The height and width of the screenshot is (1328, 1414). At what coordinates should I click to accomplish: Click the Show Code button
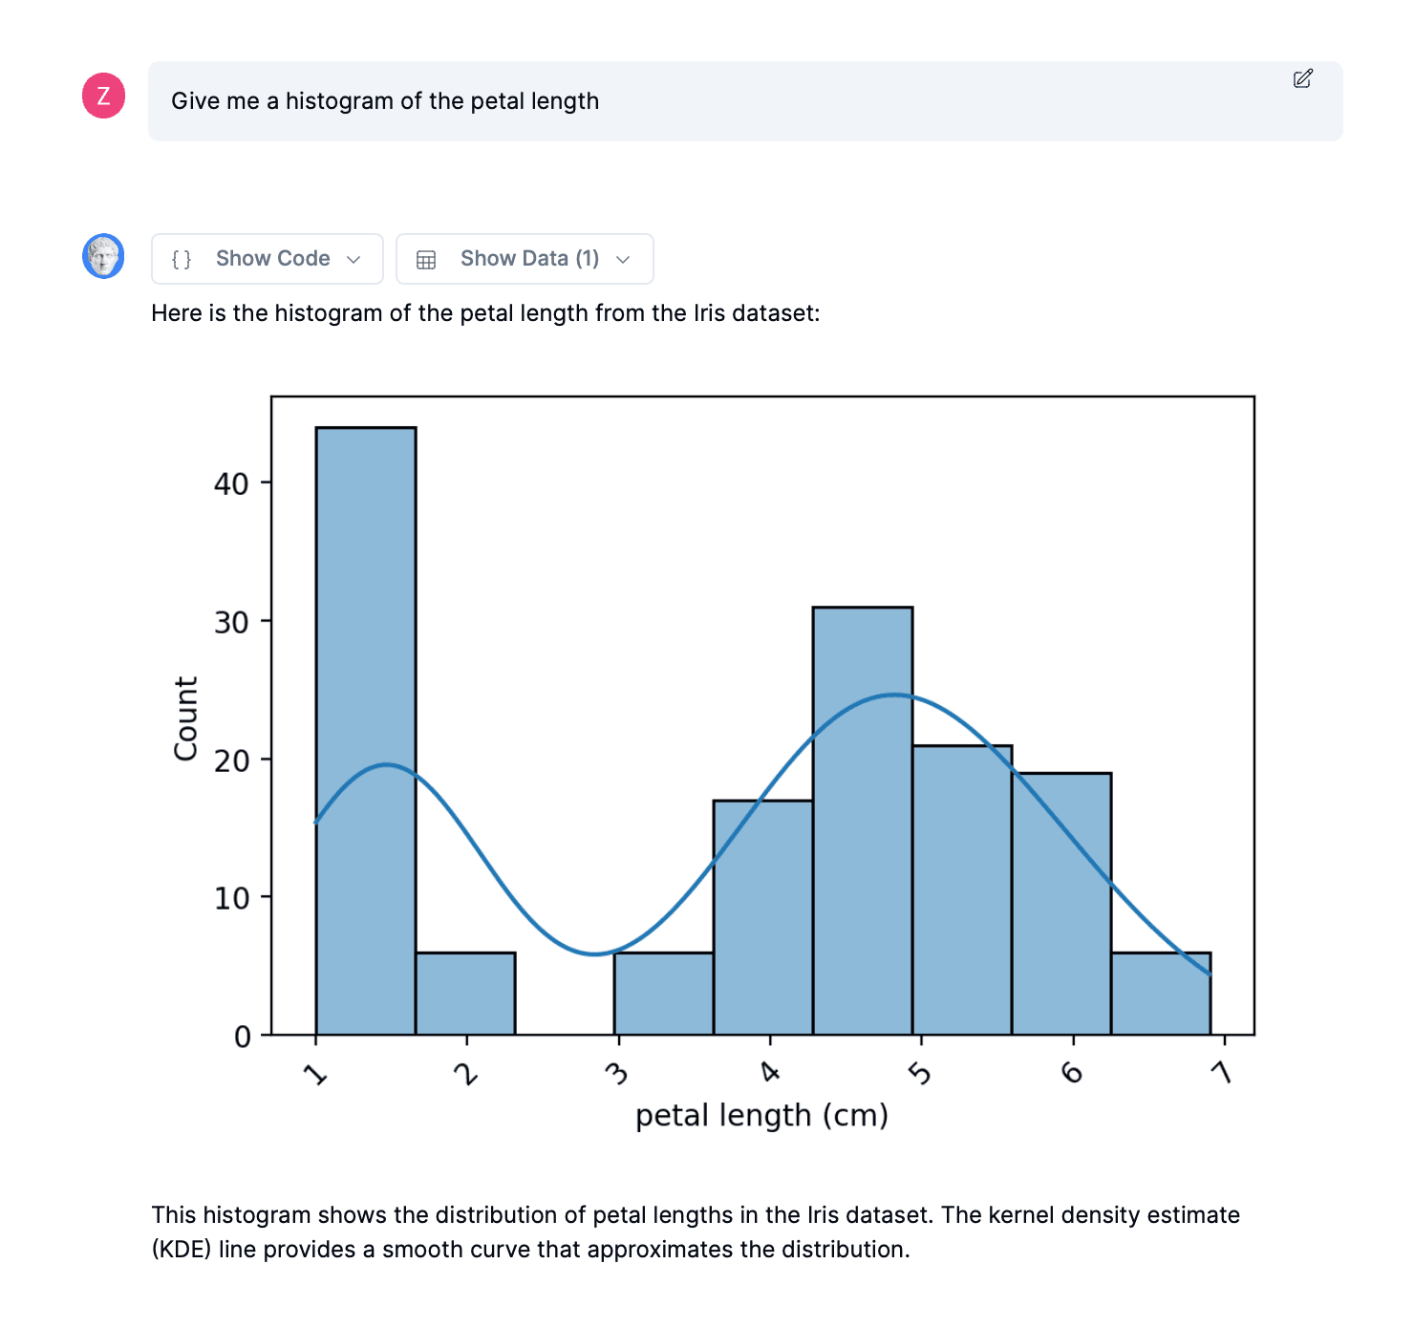267,259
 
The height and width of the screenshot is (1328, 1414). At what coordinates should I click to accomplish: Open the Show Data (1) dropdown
525,259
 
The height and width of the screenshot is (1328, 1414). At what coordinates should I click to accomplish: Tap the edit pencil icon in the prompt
1303,78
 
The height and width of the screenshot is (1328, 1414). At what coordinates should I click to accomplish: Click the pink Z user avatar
104,96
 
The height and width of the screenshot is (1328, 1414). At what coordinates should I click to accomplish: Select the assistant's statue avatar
103,256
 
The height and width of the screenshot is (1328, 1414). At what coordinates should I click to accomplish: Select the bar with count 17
763,917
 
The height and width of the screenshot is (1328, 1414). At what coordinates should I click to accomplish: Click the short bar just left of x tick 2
465,994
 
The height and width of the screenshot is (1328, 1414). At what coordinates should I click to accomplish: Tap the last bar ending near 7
1161,994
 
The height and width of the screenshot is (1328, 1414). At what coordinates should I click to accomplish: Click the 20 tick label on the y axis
231,760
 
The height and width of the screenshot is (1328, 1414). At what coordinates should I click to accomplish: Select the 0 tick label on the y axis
243,1037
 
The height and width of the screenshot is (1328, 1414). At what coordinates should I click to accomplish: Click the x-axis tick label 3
617,1074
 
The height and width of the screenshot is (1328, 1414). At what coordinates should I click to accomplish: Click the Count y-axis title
185,718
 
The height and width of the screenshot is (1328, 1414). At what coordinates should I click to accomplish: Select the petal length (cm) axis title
761,1115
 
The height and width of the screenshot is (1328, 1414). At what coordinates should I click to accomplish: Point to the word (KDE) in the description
182,1250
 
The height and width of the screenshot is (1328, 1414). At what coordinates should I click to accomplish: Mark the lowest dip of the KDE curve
594,953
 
